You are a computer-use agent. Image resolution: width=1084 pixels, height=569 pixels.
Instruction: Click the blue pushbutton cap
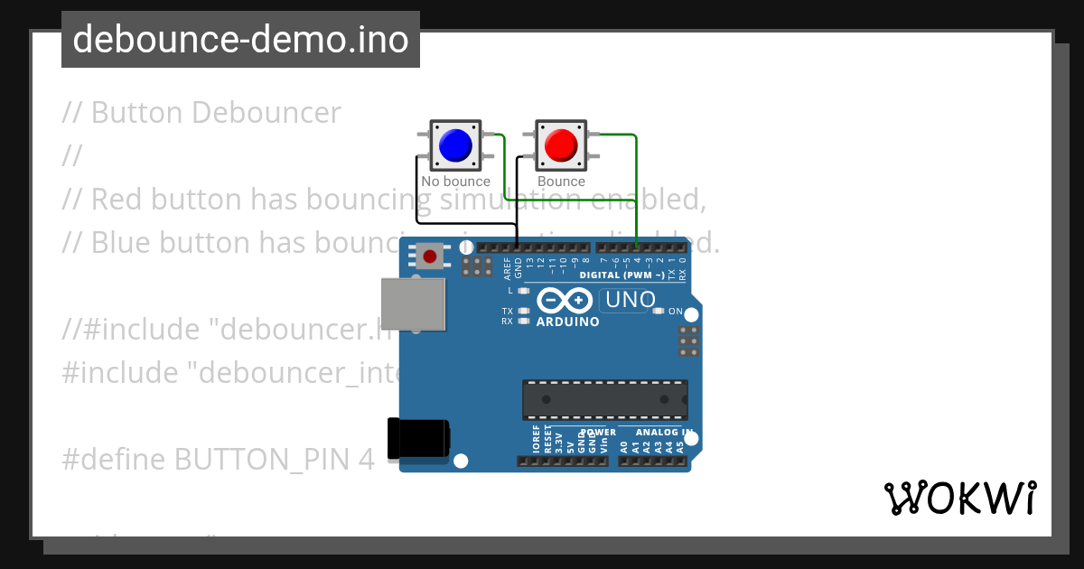pyautogui.click(x=454, y=145)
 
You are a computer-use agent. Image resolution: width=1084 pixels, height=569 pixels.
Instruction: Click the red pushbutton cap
pyautogui.click(x=561, y=145)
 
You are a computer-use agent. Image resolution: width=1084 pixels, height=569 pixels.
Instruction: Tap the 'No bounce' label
pyautogui.click(x=455, y=182)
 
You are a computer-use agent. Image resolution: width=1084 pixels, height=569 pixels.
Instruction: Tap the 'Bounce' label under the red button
pyautogui.click(x=561, y=182)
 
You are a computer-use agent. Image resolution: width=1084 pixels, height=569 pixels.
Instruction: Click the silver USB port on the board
pyautogui.click(x=414, y=303)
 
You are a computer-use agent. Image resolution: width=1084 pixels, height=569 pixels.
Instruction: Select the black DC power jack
pyautogui.click(x=417, y=440)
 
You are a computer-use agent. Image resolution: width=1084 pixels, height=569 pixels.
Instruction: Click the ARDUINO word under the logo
pyautogui.click(x=567, y=322)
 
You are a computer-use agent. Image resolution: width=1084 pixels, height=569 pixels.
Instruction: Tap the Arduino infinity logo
pyautogui.click(x=565, y=300)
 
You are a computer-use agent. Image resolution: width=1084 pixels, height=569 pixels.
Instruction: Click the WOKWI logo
pyautogui.click(x=960, y=498)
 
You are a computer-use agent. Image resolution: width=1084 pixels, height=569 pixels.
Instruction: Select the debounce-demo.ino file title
pyautogui.click(x=240, y=40)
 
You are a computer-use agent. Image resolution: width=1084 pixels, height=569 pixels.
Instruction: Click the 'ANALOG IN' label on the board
pyautogui.click(x=669, y=433)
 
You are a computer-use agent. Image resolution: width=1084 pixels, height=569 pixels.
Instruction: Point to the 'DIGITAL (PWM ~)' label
pyautogui.click(x=622, y=275)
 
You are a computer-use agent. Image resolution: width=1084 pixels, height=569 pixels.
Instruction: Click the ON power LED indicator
pyautogui.click(x=659, y=311)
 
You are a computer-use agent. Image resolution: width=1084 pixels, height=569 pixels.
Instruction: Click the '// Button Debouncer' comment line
pyautogui.click(x=201, y=113)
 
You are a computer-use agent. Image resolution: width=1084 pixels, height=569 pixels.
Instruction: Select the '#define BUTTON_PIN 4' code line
pyautogui.click(x=218, y=460)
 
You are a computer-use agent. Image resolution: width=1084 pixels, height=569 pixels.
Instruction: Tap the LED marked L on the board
pyautogui.click(x=524, y=291)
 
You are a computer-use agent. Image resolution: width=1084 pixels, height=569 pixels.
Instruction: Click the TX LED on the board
pyautogui.click(x=524, y=311)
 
